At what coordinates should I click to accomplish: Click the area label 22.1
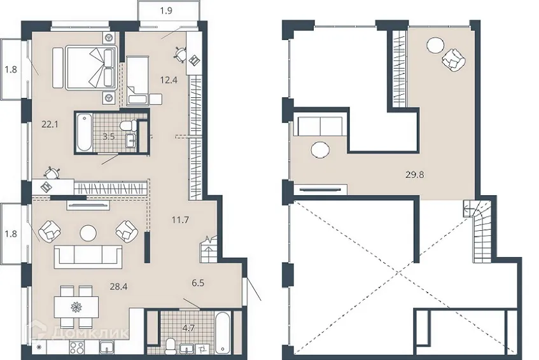click(x=50, y=125)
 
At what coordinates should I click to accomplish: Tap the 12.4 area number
click(x=169, y=80)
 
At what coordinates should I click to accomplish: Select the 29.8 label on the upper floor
click(x=415, y=175)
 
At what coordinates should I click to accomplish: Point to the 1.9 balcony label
click(x=166, y=11)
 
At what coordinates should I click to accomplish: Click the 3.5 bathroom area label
click(x=109, y=136)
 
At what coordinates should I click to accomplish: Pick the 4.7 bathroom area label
click(x=189, y=328)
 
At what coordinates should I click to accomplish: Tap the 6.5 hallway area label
click(x=199, y=283)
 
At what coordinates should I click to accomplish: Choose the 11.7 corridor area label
click(x=181, y=219)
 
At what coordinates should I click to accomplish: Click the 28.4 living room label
click(x=118, y=286)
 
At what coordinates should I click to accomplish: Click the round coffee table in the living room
click(x=88, y=233)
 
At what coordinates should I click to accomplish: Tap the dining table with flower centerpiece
click(x=76, y=307)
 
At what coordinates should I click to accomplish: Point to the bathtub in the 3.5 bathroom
click(x=84, y=133)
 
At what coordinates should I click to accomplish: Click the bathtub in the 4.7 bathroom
click(x=224, y=332)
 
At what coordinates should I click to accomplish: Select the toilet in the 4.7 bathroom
click(x=171, y=346)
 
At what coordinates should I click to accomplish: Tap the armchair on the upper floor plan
click(x=453, y=60)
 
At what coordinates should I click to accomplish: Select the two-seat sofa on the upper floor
click(x=320, y=126)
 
